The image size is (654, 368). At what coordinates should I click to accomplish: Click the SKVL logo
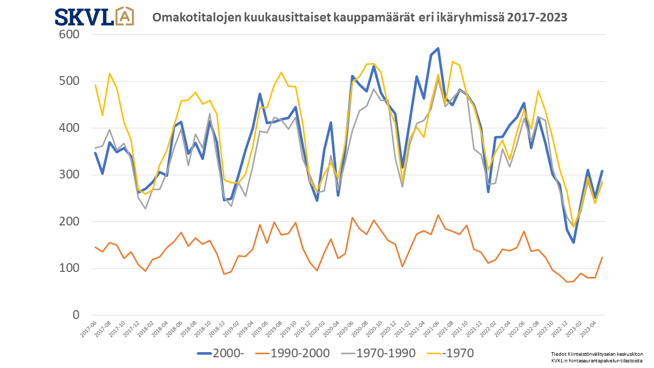click(95, 16)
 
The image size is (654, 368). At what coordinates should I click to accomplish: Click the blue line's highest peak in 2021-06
click(438, 49)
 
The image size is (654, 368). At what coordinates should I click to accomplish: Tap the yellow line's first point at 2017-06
click(96, 85)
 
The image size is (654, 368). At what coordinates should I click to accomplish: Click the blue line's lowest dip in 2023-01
click(574, 243)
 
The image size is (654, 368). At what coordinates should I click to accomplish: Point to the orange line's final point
click(602, 257)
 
